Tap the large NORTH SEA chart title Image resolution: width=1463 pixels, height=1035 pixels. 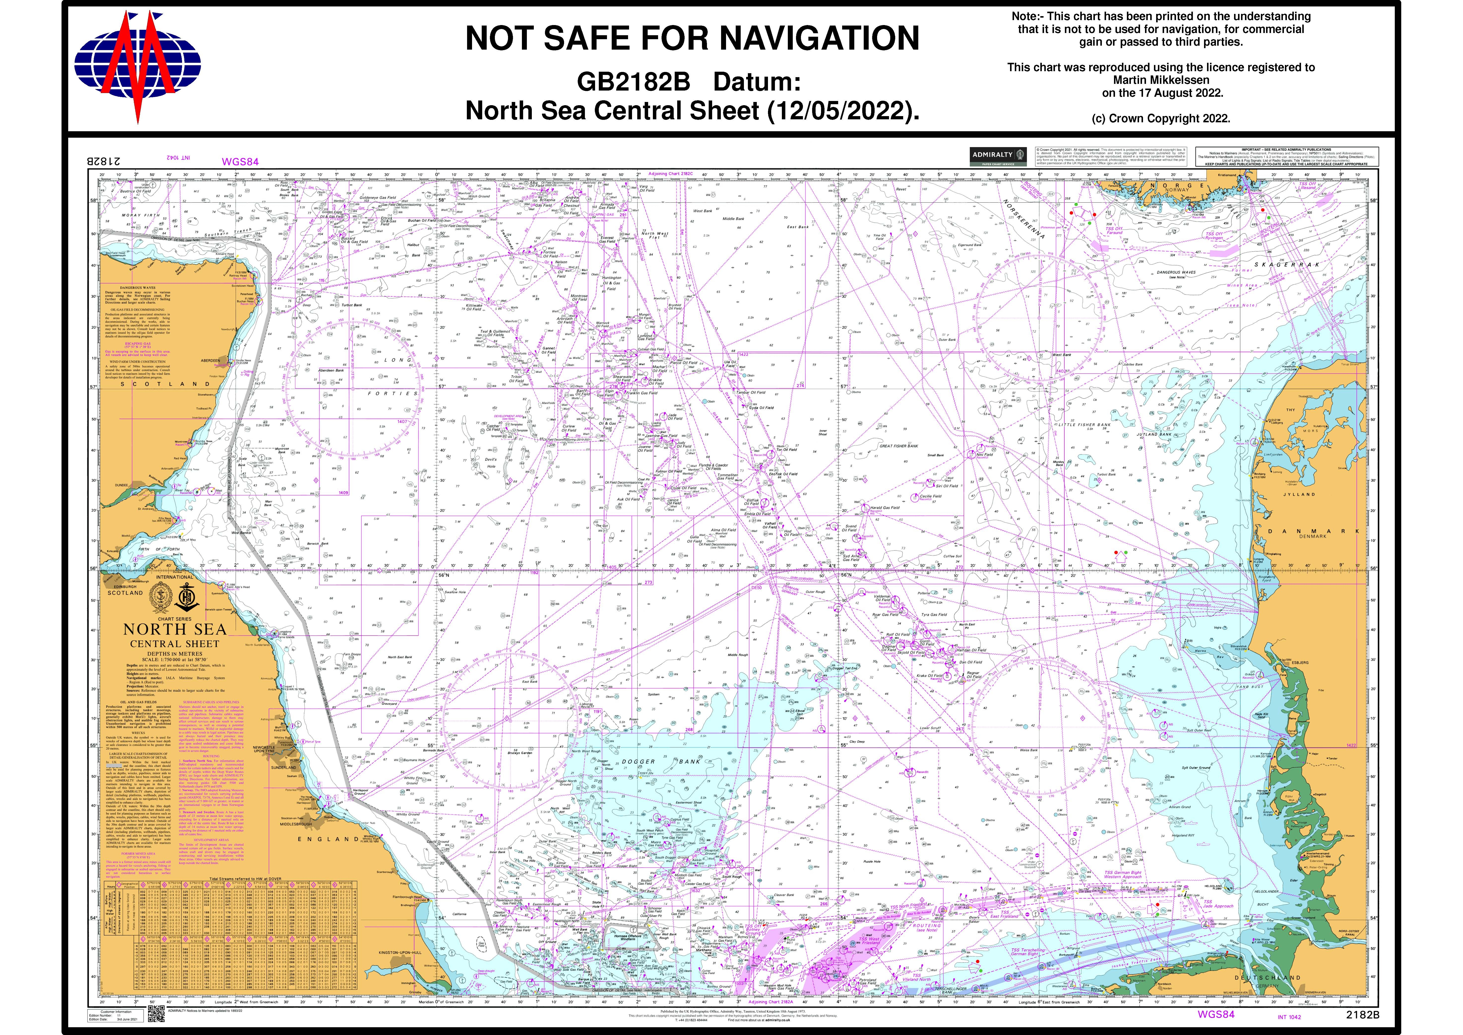pos(175,630)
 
